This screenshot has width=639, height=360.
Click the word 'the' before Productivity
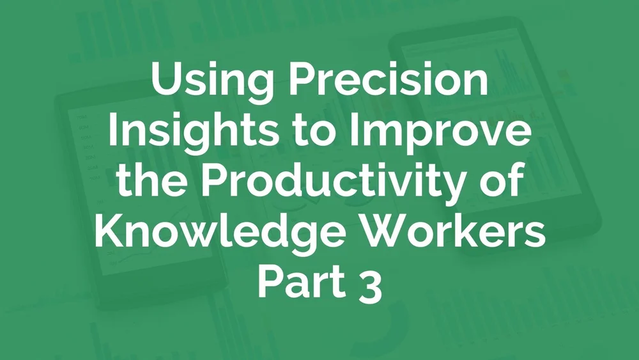156,182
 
